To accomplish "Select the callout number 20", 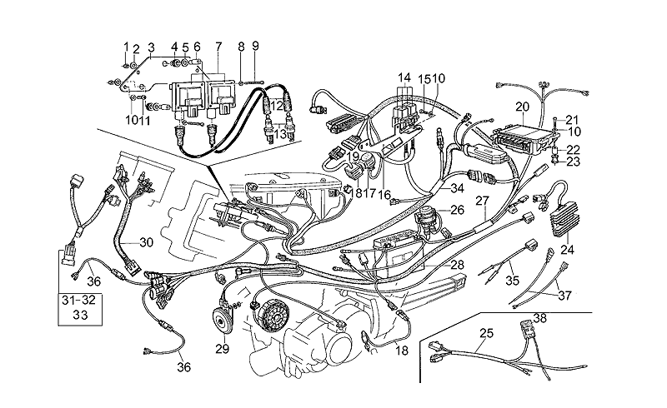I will [522, 107].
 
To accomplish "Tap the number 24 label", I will [568, 248].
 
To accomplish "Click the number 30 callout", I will [146, 242].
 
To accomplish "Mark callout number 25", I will [487, 334].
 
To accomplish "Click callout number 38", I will [540, 318].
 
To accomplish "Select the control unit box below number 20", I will [518, 139].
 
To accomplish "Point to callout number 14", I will [405, 76].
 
